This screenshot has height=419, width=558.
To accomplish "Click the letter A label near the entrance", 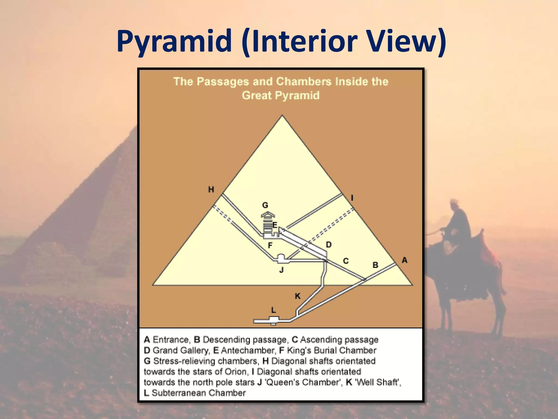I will point(404,260).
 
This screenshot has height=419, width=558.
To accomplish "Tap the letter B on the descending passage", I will point(375,265).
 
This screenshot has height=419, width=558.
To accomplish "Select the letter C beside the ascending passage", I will point(345,261).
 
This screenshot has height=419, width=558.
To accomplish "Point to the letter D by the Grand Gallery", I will point(329,245).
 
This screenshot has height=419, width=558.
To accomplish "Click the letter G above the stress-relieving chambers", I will point(265,205).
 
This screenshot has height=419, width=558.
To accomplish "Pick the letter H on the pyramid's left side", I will point(211,189).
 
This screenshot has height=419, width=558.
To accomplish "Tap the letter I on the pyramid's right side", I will point(352,198).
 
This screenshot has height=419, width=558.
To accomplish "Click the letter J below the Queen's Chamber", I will point(281,270).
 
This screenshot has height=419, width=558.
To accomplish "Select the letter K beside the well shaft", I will point(298,296).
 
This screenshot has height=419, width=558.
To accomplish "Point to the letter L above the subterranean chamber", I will point(274,310).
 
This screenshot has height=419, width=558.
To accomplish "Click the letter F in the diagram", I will point(270,246).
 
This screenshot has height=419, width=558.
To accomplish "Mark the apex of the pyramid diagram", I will point(282,116).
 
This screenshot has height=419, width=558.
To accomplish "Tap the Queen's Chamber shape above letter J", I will point(281,258).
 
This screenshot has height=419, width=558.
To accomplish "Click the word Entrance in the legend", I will point(171,340).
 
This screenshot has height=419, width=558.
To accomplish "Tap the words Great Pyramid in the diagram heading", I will point(280,95).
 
